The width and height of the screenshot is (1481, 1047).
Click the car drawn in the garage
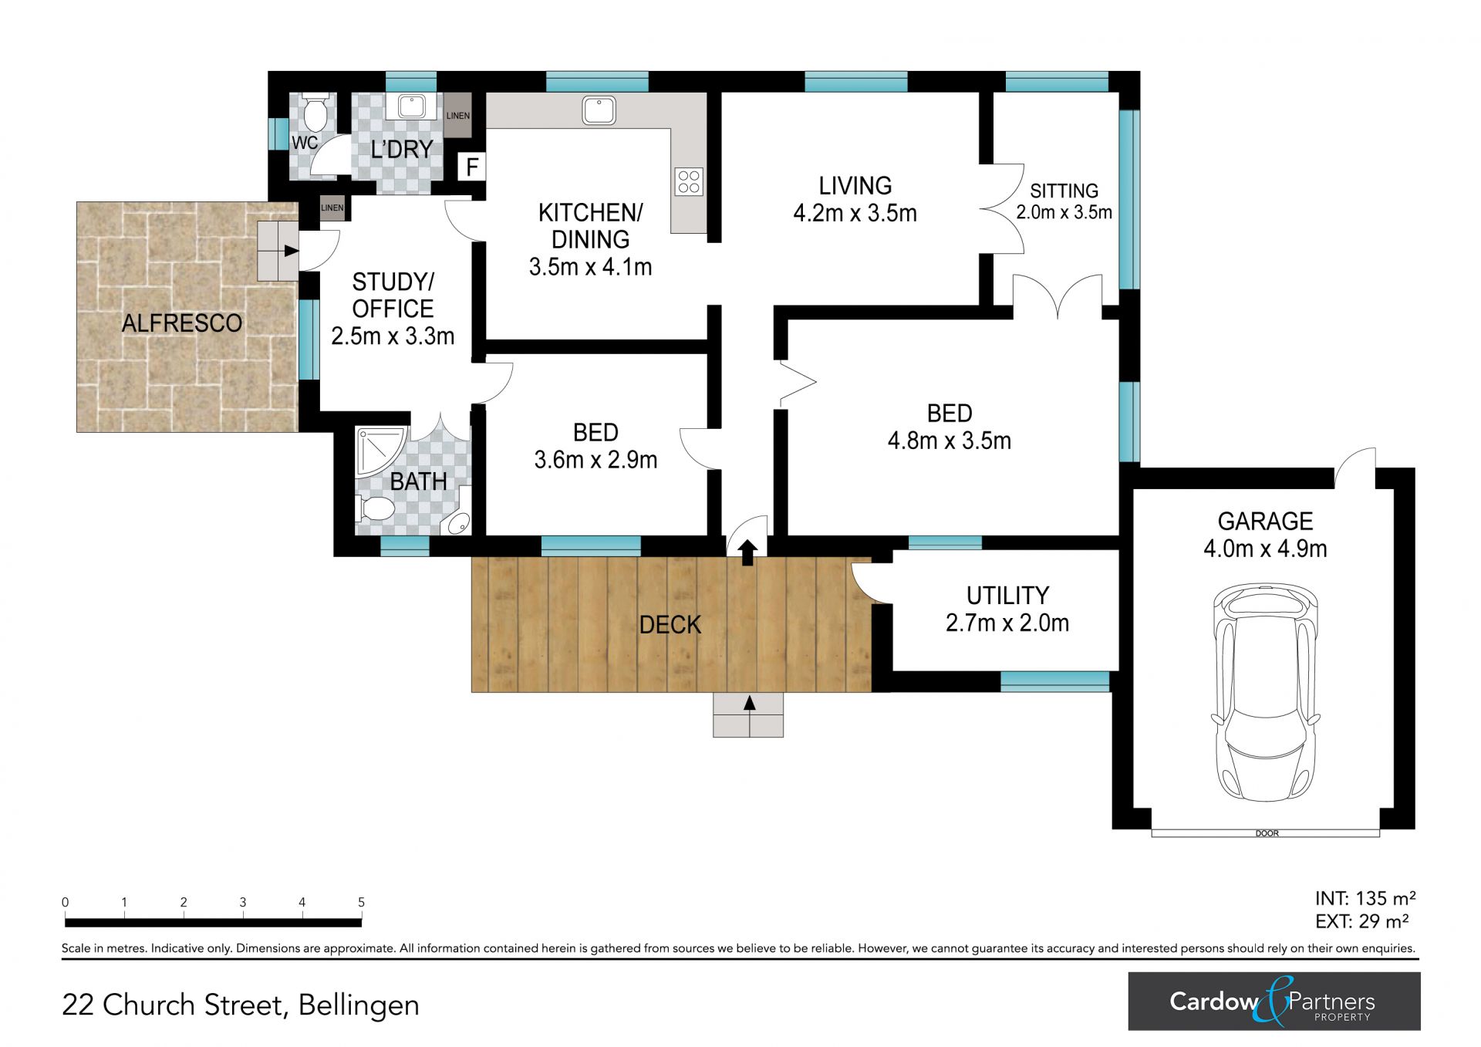point(1265,693)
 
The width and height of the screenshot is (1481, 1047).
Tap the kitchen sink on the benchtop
point(599,110)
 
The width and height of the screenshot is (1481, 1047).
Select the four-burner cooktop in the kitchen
point(689,182)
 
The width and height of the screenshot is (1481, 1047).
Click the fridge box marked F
point(472,166)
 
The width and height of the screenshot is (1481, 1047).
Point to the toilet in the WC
point(314,113)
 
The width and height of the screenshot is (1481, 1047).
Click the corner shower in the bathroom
point(380,452)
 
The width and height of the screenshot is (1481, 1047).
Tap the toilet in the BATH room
point(374,509)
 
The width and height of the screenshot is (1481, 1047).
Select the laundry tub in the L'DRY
point(411,106)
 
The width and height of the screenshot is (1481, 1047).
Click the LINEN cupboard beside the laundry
point(457,116)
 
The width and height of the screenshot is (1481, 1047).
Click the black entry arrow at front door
point(747,552)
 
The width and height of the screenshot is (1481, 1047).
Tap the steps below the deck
point(748,715)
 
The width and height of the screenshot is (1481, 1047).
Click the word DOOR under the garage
point(1267,833)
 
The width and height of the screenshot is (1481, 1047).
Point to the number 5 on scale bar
point(361,902)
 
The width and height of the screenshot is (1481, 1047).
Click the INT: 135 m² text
point(1365,898)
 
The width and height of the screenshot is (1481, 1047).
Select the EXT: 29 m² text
point(1362,921)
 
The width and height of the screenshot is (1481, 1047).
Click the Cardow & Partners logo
point(1274,1001)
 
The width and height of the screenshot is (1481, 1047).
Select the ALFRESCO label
point(182,323)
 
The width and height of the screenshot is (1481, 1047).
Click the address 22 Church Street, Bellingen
point(241,1005)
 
